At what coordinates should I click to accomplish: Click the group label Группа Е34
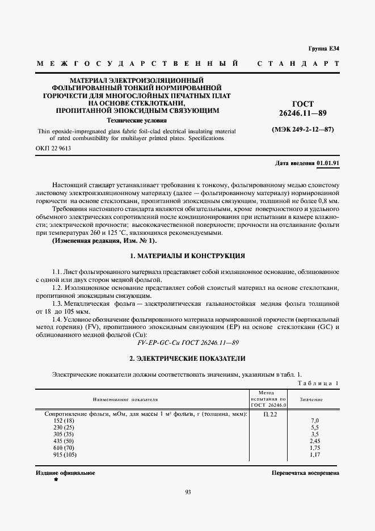[x=323, y=49]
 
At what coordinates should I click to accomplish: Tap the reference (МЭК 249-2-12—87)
[x=305, y=130]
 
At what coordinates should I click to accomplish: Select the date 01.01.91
[x=327, y=163]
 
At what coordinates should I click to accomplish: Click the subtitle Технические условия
[x=137, y=120]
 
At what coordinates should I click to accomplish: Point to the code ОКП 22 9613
[x=54, y=149]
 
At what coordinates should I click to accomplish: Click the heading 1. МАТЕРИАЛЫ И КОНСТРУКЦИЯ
[x=187, y=256]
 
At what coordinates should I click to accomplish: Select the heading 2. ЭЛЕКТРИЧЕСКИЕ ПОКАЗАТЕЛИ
[x=187, y=359]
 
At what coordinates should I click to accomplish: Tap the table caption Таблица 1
[x=318, y=383]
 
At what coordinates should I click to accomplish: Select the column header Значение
[x=311, y=399]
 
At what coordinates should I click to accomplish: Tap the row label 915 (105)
[x=65, y=454]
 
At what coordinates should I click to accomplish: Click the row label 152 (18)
[x=64, y=420]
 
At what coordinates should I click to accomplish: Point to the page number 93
[x=188, y=492]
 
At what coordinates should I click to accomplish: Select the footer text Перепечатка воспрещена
[x=305, y=472]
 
